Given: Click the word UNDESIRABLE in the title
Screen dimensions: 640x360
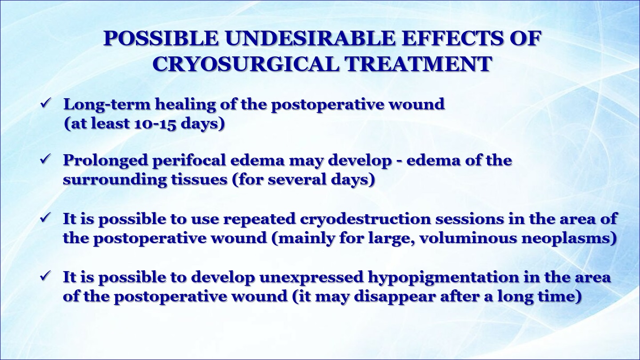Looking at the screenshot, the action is [310, 38].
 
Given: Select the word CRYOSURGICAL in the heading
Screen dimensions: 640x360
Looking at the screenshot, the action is [246, 64].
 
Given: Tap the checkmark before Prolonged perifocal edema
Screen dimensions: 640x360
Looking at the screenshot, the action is [46, 159].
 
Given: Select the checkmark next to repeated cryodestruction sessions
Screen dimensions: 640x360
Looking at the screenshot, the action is [46, 218].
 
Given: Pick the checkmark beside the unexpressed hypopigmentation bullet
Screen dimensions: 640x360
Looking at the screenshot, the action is [46, 276].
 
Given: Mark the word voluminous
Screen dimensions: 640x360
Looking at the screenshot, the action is [468, 238].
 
